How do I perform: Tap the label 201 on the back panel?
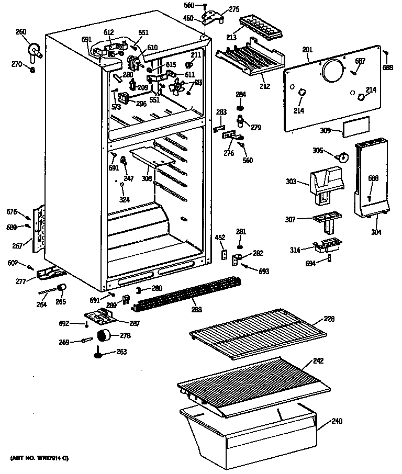coord(307,50)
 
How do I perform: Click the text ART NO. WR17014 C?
coord(39,458)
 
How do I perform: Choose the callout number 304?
coord(376,232)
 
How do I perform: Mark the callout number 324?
coord(125,199)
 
